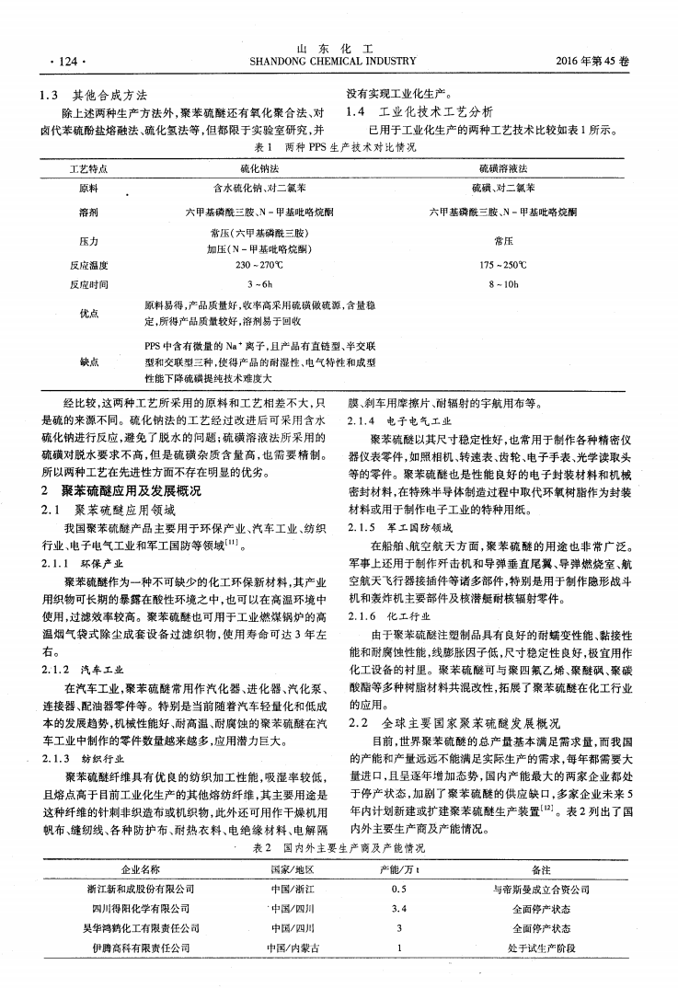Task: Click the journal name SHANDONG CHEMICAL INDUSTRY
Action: tap(332, 62)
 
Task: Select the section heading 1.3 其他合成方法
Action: tap(97, 95)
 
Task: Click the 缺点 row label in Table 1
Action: tap(89, 362)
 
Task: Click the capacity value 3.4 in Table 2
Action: tap(399, 908)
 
